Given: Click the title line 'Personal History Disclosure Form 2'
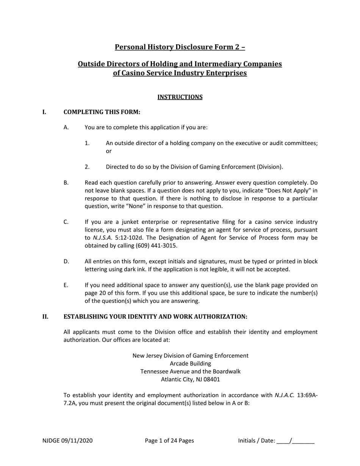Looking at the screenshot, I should coord(180,47).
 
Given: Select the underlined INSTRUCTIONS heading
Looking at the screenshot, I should coord(180,97).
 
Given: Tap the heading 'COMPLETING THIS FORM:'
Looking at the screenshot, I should coord(102,112).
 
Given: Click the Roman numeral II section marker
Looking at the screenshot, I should coord(45,316).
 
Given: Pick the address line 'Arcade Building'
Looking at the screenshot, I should coord(190,364).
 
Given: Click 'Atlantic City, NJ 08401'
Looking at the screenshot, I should coord(190,379).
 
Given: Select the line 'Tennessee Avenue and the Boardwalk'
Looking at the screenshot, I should coord(190,372).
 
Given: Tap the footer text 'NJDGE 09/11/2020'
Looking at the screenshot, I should coord(67,441).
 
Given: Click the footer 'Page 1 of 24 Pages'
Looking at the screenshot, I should coord(169,441).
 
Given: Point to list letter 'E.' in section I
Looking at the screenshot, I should coord(66,285).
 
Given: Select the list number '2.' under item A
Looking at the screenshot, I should coord(87,167).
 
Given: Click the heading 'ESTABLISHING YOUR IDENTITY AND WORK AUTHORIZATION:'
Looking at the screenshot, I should coord(155,316).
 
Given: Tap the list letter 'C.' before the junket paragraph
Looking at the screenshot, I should coord(66,222).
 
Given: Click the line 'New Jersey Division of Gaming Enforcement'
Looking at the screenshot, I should coord(190,356).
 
